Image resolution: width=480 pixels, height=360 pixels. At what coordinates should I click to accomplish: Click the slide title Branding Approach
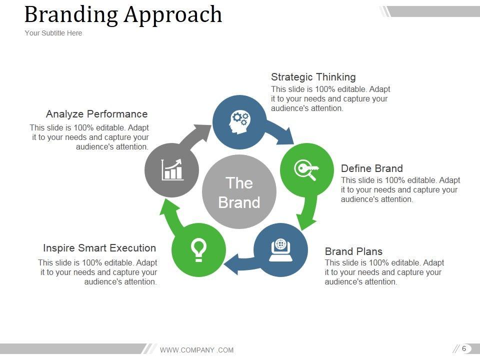123,14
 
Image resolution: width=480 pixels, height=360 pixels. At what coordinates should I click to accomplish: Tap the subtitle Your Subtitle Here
53,33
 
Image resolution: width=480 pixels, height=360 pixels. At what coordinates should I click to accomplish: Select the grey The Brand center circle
239,192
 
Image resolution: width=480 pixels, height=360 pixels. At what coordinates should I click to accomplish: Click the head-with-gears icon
239,121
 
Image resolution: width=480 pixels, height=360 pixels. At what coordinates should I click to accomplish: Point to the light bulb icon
198,250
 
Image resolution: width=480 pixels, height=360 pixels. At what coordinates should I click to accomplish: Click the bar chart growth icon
172,169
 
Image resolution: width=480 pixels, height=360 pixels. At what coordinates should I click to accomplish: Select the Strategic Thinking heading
313,77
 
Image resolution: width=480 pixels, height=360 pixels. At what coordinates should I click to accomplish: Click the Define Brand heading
371,168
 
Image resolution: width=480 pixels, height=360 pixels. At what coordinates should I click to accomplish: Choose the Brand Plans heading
353,251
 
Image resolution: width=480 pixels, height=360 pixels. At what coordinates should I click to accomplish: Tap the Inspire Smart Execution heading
99,248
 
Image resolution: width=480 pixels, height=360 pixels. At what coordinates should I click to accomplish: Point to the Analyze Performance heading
97,114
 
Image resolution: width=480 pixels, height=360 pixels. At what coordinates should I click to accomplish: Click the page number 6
464,348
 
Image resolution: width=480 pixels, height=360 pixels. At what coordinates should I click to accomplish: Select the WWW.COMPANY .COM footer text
196,350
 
